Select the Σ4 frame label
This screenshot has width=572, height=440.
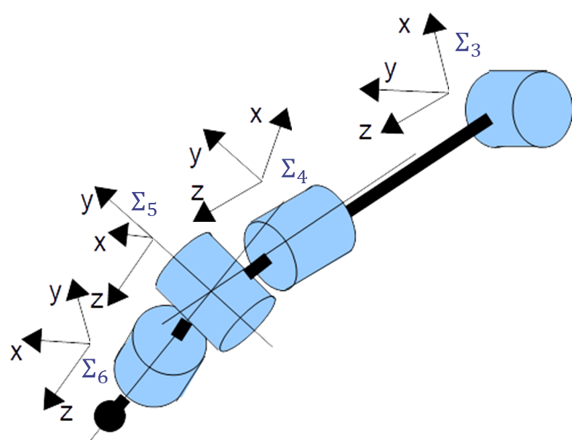tap(293, 171)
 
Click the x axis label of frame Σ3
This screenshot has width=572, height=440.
tap(405, 26)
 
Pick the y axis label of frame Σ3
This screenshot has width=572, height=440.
tap(391, 71)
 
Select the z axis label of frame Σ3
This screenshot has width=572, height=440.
tap(365, 132)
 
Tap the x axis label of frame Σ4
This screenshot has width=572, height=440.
tap(255, 114)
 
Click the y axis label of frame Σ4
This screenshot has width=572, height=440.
tap(195, 154)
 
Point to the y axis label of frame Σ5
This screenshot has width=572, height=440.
tap(87, 204)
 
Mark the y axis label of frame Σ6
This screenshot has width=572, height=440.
tap(55, 292)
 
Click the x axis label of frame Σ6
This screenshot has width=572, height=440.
tap(15, 352)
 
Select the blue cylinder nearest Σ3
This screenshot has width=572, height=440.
tap(518, 109)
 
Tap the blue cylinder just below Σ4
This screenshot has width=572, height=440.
tap(299, 236)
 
